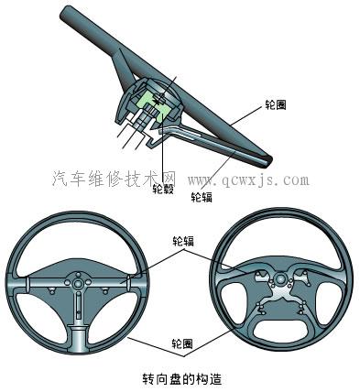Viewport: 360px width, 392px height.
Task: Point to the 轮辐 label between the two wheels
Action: [x=183, y=242]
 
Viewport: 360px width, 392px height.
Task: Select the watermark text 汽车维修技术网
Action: [x=111, y=176]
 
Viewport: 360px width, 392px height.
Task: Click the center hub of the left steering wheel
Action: [x=80, y=285]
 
